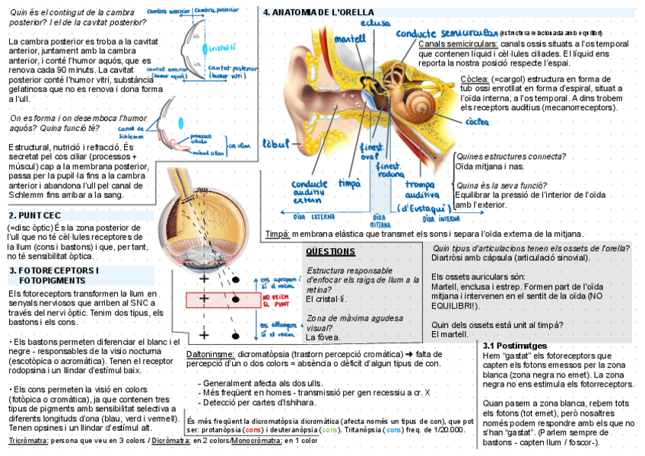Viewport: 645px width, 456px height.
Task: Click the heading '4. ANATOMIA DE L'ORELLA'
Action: (318, 13)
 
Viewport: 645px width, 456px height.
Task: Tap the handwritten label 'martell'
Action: (350, 39)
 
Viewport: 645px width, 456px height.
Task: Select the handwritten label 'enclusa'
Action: (376, 24)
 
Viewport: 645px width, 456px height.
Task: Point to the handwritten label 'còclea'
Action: (477, 122)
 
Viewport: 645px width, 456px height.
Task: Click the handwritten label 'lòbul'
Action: (274, 144)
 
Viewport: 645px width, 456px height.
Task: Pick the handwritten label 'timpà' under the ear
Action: (349, 183)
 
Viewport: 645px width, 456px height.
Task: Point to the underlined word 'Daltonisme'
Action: (210, 354)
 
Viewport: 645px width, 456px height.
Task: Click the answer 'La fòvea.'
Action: (323, 336)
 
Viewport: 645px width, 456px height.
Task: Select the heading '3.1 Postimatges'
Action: (516, 346)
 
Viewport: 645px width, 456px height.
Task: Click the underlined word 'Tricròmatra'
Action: (29, 440)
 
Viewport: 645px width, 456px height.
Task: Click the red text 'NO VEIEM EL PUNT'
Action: (277, 300)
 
